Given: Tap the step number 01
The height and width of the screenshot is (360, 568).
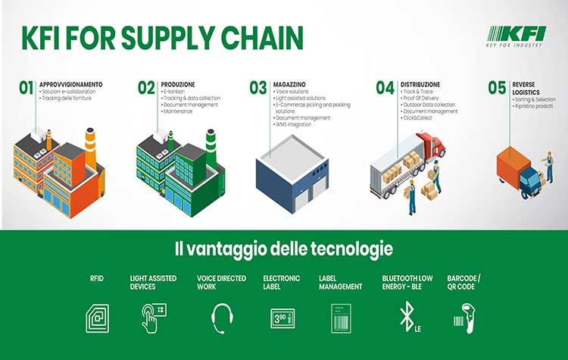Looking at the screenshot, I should click(27, 88).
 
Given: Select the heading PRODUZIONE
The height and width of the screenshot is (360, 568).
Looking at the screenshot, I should click(179, 84).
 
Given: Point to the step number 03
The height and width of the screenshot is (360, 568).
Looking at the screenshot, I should click(258, 88).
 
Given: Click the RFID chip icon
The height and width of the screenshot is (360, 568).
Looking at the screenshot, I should click(97, 317).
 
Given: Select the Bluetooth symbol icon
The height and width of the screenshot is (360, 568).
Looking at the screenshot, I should click(406, 317).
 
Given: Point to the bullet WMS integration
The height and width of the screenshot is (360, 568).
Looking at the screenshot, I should click(296, 124).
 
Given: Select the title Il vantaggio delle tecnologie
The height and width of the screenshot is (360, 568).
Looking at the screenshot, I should click(284, 249).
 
